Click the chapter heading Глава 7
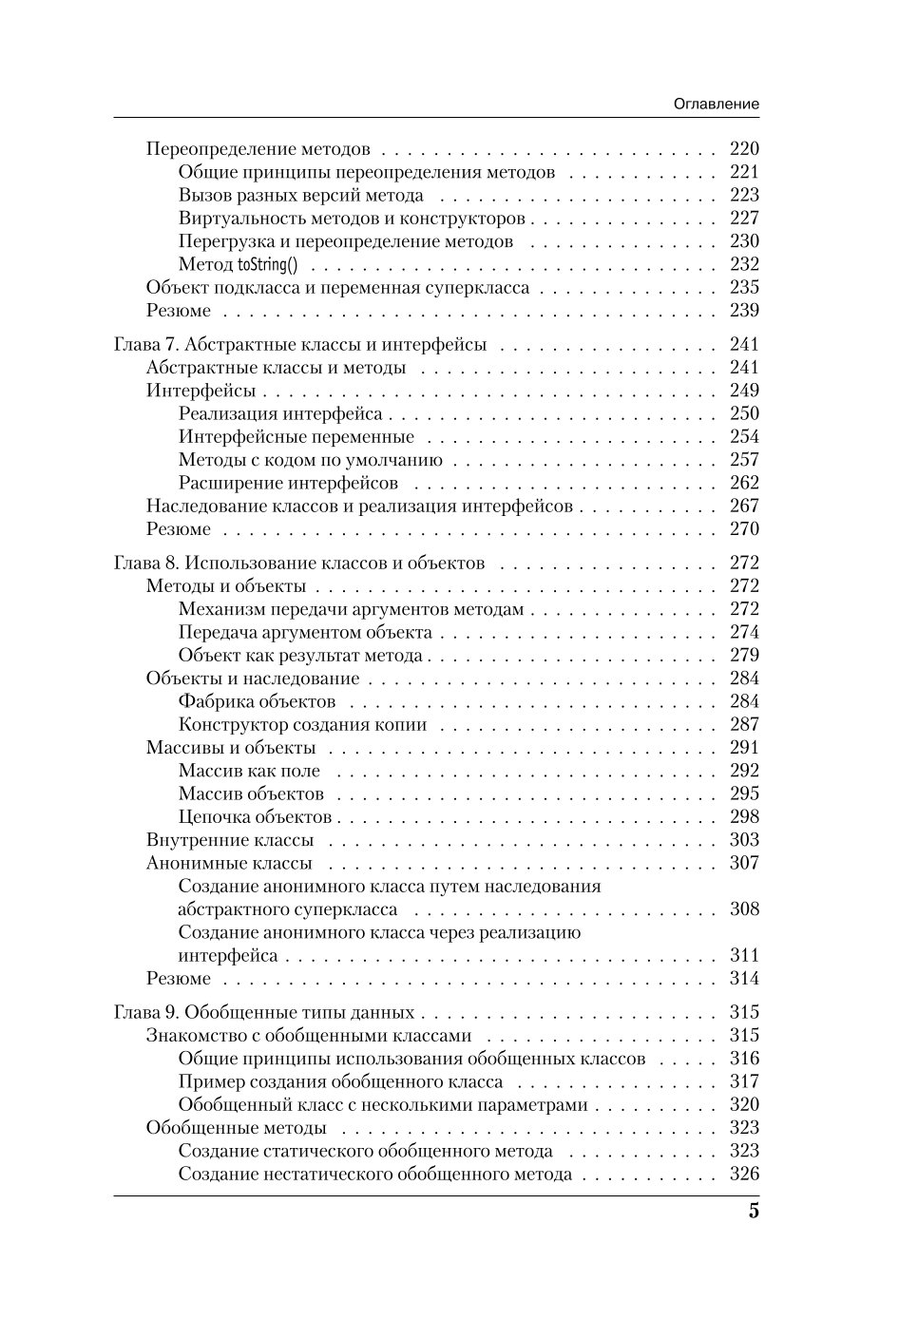[299, 344]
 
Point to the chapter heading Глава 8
[298, 563]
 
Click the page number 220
[744, 148]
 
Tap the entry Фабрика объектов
[257, 701]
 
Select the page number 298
[744, 816]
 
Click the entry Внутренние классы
[230, 840]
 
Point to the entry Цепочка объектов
[255, 817]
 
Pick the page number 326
[744, 1174]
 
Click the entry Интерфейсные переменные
[296, 437]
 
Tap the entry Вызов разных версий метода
[301, 196]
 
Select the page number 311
[744, 955]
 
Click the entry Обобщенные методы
[237, 1128]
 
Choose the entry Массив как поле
[249, 771]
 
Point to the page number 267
[744, 506]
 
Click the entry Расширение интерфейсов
[288, 483]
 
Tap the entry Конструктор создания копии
[302, 725]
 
